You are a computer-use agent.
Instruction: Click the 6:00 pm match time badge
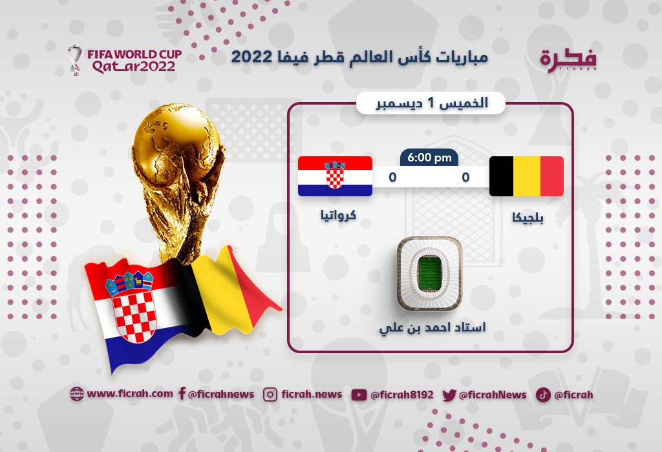[x=429, y=158]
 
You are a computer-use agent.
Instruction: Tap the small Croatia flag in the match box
[x=336, y=176]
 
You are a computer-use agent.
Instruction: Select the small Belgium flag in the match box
[x=526, y=176]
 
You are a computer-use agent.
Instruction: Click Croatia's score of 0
[x=392, y=177]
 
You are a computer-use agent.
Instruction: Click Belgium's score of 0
[x=465, y=177]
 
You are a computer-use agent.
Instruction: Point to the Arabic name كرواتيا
[x=338, y=215]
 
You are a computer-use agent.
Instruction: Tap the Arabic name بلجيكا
[x=528, y=218]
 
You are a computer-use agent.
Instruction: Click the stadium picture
[x=429, y=273]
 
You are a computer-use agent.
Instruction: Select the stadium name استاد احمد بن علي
[x=432, y=328]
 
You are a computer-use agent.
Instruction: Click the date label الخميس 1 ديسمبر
[x=432, y=103]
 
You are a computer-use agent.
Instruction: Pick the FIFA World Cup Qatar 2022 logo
[x=125, y=60]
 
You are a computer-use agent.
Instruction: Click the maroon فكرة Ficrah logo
[x=568, y=60]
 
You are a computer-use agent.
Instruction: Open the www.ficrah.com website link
[x=122, y=394]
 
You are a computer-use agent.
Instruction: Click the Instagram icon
[x=270, y=395]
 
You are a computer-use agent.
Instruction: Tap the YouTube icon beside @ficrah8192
[x=359, y=395]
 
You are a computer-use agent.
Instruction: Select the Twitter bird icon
[x=449, y=395]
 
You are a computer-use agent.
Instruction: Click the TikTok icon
[x=543, y=395]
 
